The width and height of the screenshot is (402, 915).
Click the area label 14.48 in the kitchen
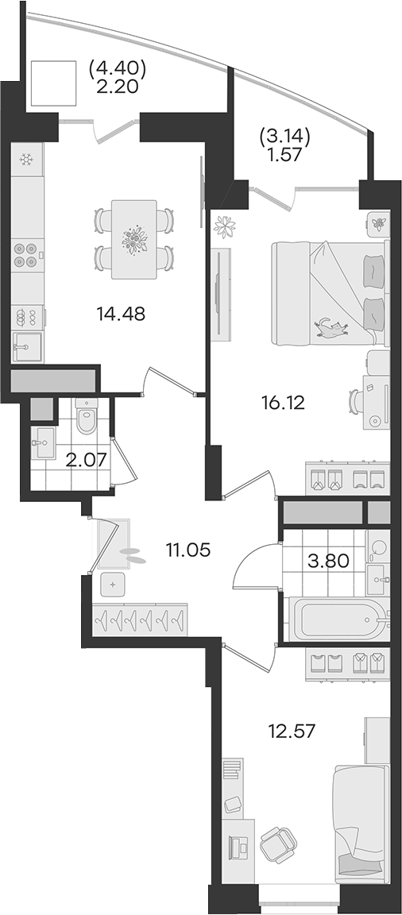click(121, 314)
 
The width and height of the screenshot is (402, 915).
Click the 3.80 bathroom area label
click(329, 561)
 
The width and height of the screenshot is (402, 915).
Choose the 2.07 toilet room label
click(86, 461)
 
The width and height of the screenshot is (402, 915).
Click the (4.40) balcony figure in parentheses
click(117, 69)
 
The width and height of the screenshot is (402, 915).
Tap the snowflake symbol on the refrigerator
click(25, 159)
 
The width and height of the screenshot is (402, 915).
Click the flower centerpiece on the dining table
click(134, 238)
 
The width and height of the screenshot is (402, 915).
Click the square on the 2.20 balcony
click(54, 84)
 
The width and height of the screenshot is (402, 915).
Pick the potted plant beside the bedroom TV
click(225, 226)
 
